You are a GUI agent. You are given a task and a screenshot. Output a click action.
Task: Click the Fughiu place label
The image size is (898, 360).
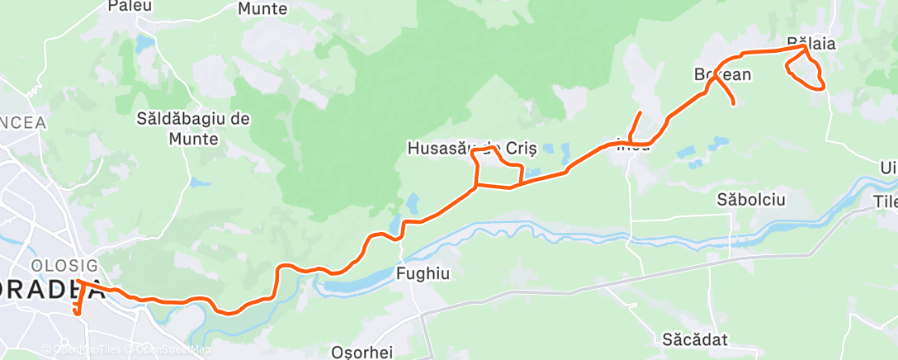(423, 274)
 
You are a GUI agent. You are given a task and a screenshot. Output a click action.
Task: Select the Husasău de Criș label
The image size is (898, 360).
(472, 149)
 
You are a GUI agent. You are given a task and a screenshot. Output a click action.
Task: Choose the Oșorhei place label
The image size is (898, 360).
(362, 352)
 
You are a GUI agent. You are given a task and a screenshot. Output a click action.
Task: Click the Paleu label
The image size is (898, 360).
(128, 6)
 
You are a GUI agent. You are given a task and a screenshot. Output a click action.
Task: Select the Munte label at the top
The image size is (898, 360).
(262, 9)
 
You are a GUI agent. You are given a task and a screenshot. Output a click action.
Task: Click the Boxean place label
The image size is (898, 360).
(723, 74)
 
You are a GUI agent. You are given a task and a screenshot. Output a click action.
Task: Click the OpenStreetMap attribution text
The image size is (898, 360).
(171, 349)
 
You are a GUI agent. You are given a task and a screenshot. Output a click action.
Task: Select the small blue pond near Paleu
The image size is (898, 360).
(145, 42)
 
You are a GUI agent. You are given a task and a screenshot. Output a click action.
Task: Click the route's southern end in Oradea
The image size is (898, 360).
(76, 313)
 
